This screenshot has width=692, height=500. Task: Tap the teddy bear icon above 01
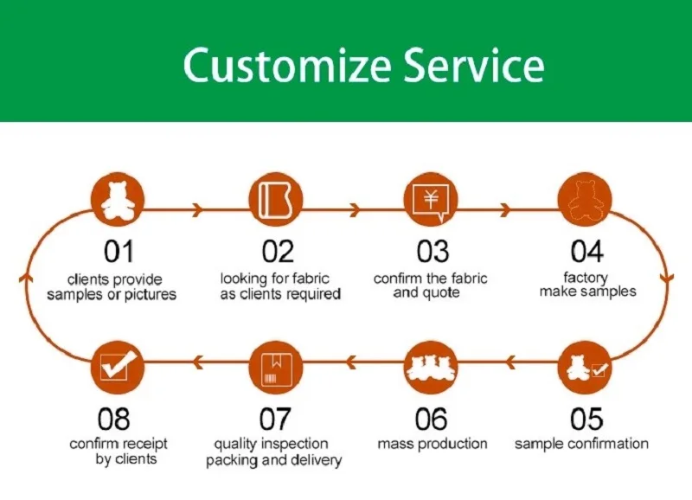click(x=116, y=200)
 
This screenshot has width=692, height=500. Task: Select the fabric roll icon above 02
click(x=276, y=200)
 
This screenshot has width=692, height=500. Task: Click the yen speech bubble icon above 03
click(x=430, y=200)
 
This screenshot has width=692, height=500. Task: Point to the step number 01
click(x=119, y=252)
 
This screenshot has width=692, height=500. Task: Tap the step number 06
click(x=431, y=420)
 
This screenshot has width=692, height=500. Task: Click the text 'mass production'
click(x=432, y=444)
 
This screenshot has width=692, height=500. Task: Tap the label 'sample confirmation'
click(x=581, y=444)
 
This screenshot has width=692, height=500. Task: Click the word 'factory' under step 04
click(x=586, y=278)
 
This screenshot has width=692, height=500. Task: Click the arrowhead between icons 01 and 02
click(x=197, y=209)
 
